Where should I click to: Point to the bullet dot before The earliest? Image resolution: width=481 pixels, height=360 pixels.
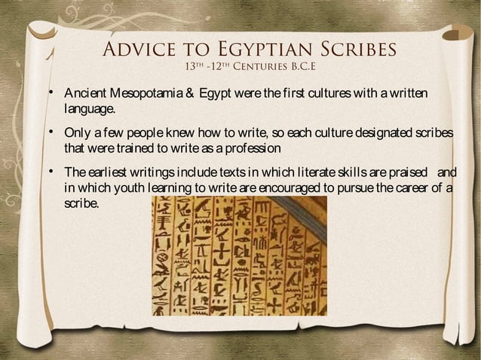(x=52, y=171)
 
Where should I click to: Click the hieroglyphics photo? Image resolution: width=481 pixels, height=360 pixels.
(x=239, y=255)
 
